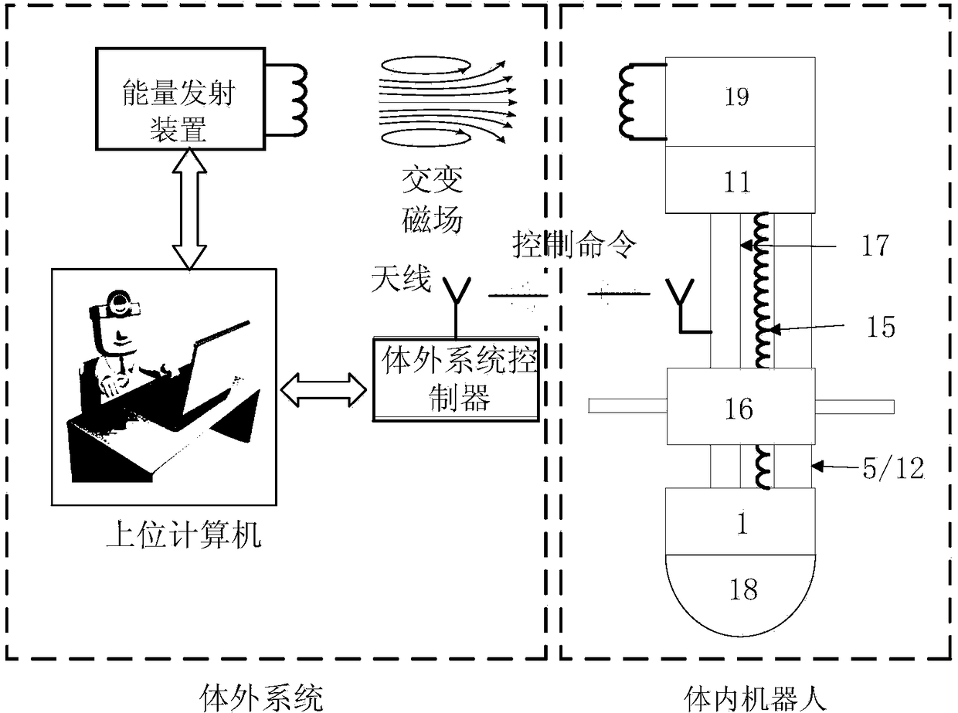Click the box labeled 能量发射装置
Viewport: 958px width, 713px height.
tap(180, 99)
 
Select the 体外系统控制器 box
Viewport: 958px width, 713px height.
tap(456, 379)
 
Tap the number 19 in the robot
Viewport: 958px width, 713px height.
tap(737, 97)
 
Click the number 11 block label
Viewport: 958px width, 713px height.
tap(737, 182)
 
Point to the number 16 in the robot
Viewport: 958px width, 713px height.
tap(739, 409)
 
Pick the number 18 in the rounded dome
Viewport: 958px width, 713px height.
tap(743, 589)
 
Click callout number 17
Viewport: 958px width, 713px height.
tap(875, 246)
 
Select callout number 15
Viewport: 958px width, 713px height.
tap(881, 327)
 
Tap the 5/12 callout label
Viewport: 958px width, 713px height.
tap(893, 468)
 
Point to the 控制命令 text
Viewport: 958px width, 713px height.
tap(575, 244)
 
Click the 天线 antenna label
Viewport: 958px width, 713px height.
tap(401, 279)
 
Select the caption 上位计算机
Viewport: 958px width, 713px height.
tap(184, 535)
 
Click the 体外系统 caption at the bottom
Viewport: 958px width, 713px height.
tap(262, 698)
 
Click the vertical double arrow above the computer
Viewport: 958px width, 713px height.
tap(189, 209)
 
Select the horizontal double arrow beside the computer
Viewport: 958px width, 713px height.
tap(324, 390)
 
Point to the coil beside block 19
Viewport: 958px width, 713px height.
tap(635, 102)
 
